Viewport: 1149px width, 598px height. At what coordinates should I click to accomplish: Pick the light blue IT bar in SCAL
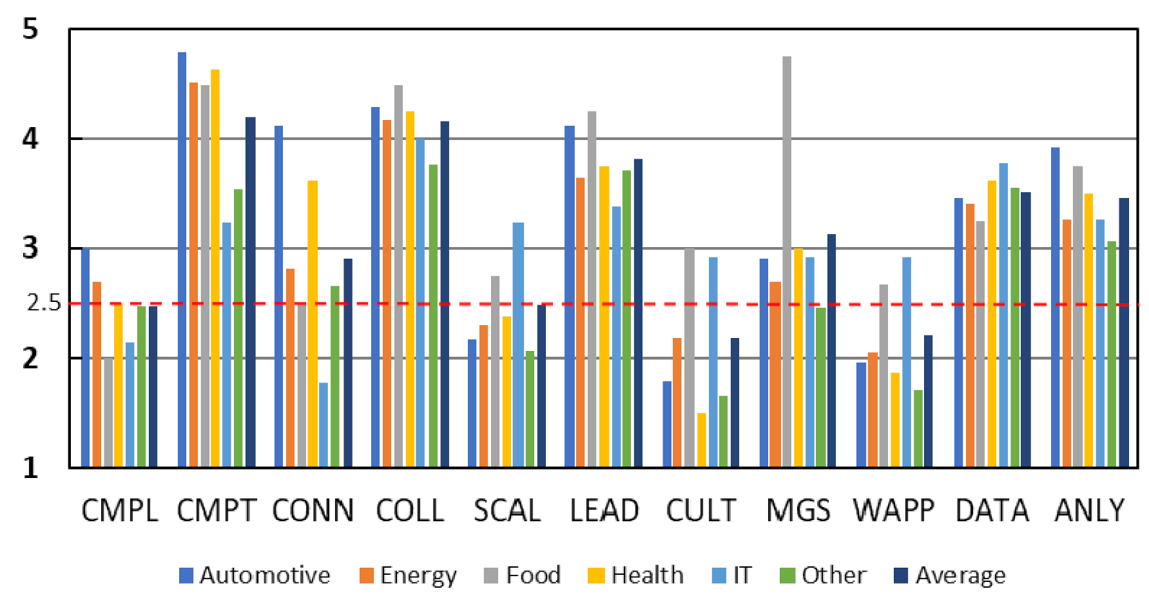[x=518, y=345]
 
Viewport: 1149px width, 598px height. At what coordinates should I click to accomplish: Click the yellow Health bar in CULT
[x=701, y=440]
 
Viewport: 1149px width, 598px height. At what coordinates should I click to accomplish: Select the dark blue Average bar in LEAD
[x=638, y=313]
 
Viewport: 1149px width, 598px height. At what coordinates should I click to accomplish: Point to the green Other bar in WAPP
[x=918, y=428]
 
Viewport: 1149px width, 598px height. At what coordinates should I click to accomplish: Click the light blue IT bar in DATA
[x=1003, y=315]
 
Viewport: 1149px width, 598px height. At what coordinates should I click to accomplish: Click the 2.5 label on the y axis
[x=44, y=303]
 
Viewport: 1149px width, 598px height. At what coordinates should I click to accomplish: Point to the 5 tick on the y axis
[x=30, y=29]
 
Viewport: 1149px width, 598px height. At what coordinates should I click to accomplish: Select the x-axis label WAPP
[x=894, y=511]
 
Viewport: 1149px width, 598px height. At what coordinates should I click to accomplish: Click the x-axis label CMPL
[x=120, y=511]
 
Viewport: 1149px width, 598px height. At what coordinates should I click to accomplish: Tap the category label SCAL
[x=507, y=511]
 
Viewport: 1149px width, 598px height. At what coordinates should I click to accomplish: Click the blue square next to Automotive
[x=186, y=575]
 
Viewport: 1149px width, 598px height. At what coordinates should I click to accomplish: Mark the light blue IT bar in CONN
[x=323, y=425]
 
